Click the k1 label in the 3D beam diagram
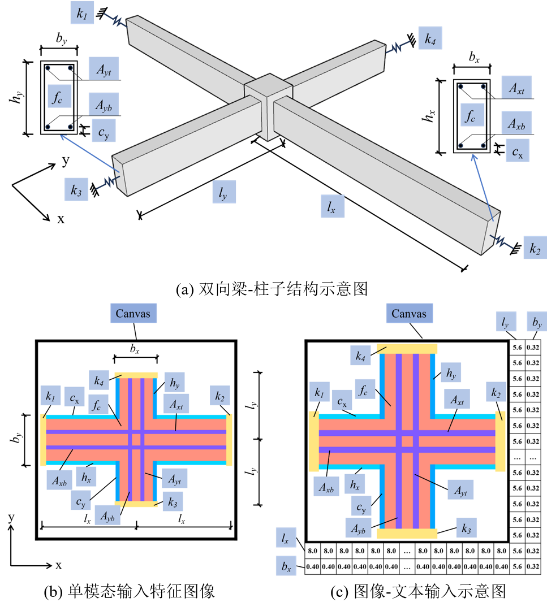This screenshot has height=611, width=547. tap(82, 13)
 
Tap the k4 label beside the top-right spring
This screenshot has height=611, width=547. tap(430, 38)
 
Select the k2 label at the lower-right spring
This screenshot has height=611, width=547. tap(535, 248)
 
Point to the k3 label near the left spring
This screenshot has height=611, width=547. tap(76, 190)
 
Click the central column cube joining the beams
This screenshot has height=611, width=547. tap(268, 106)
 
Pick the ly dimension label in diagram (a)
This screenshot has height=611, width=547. tap(224, 192)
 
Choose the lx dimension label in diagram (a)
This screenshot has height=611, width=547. tap(333, 206)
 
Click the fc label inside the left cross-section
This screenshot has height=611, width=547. tap(59, 96)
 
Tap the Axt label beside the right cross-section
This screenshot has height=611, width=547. tap(516, 88)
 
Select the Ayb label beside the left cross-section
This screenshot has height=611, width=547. tap(104, 105)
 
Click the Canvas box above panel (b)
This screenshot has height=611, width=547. tap(133, 313)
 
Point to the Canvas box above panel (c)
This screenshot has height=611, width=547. tap(410, 313)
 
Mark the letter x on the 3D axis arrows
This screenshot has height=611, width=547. tap(61, 219)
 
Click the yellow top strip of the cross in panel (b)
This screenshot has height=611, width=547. tap(136, 376)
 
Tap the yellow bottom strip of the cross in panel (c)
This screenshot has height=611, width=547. tap(407, 534)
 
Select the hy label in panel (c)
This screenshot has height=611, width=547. tap(451, 372)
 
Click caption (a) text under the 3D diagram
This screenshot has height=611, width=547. tap(272, 289)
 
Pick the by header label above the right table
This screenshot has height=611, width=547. tap(536, 322)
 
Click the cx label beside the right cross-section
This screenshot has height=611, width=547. tap(518, 150)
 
